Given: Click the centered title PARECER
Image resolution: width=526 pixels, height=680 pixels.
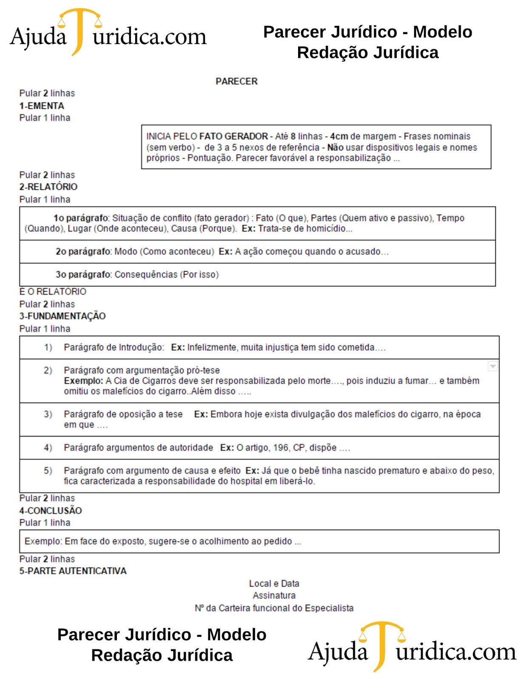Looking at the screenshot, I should click(x=236, y=81).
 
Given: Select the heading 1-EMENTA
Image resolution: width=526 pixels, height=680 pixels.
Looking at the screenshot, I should click(x=42, y=106).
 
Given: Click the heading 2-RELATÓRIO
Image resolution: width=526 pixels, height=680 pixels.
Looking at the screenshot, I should click(x=48, y=187).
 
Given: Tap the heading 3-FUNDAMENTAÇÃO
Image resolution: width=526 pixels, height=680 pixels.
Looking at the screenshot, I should click(x=63, y=316).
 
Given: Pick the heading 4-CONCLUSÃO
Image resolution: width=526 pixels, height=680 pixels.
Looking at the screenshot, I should click(x=51, y=510).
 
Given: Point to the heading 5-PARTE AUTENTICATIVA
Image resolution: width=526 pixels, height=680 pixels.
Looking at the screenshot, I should click(x=73, y=571).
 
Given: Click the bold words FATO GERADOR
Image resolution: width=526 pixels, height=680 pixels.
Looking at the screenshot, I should click(x=233, y=136).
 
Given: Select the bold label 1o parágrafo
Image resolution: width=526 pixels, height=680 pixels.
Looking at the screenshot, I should click(x=81, y=218).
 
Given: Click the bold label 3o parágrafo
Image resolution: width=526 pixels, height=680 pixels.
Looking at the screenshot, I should click(x=83, y=275).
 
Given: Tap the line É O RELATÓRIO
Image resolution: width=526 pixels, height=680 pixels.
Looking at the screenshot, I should click(x=53, y=292).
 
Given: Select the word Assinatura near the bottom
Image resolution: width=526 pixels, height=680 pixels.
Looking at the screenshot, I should click(x=274, y=595).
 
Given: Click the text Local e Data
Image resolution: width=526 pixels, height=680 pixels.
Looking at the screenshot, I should click(x=274, y=584).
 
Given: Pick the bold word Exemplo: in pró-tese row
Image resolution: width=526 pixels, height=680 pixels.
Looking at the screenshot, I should click(x=83, y=381).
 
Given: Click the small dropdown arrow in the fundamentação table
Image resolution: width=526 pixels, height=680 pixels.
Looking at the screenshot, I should click(x=492, y=366).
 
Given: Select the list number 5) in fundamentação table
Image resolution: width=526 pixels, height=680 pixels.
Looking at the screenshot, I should click(x=48, y=470).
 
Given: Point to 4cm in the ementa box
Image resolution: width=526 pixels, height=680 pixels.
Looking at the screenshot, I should click(x=339, y=136).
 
